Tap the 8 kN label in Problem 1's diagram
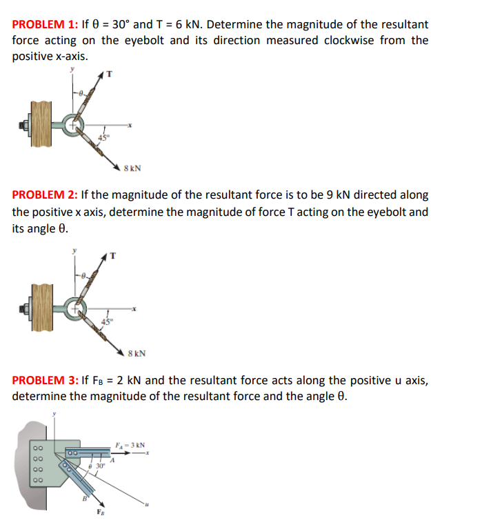pos(132,167)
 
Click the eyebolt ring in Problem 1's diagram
pos(73,126)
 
